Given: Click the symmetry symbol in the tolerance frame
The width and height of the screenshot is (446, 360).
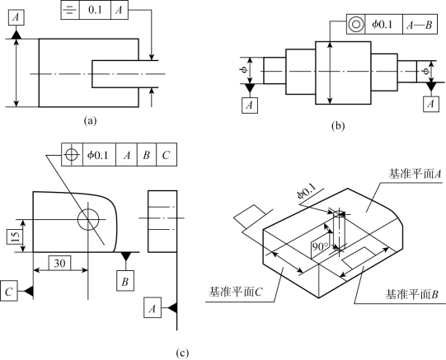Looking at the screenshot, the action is pyautogui.click(x=70, y=10).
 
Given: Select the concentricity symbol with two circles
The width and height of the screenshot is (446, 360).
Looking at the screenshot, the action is pyautogui.click(x=356, y=24).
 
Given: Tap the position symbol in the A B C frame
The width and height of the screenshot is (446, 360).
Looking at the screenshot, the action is pyautogui.click(x=72, y=155).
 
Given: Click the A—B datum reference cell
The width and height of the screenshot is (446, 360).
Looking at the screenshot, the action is pyautogui.click(x=420, y=25).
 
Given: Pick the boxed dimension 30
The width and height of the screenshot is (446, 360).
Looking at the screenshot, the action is pyautogui.click(x=59, y=263).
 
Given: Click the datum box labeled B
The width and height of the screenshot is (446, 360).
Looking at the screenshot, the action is pyautogui.click(x=125, y=281).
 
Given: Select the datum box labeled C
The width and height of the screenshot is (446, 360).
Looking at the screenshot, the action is pyautogui.click(x=9, y=291).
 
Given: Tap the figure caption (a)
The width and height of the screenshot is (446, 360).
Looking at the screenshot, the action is pyautogui.click(x=91, y=121).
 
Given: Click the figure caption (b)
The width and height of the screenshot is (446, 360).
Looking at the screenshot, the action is pyautogui.click(x=338, y=125).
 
